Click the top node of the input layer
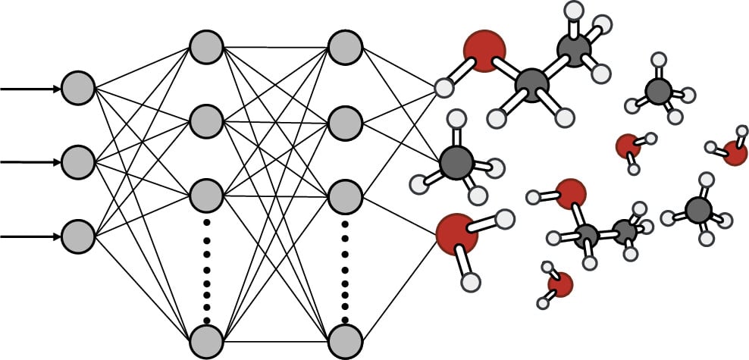pos(77,88)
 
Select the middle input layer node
pos(77,161)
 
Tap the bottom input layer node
pos(77,236)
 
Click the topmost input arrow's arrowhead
pos(58,89)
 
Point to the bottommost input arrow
pos(30,236)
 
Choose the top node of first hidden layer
pos(205,46)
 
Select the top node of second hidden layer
pos(345,46)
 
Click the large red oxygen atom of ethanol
pos(484,50)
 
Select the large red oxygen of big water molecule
pos(457,233)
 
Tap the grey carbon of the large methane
pos(456,162)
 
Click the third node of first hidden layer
pos(205,195)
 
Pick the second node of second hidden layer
pos(345,121)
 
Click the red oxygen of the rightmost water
pos(735,152)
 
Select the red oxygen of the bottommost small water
pos(559,284)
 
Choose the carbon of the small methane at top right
pos(658,91)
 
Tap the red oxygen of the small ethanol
pos(570,193)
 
